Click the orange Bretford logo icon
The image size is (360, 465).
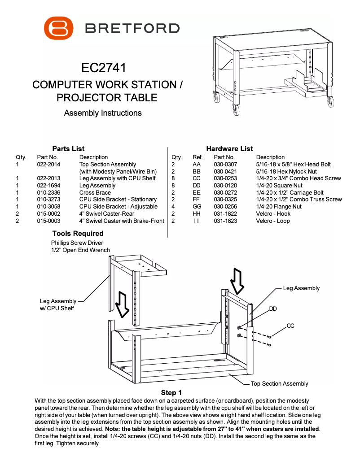(x=58, y=28)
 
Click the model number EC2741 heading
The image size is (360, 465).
(x=103, y=68)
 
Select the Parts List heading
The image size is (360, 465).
(x=68, y=148)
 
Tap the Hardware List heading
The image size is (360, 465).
(x=229, y=148)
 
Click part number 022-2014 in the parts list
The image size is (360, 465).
(x=48, y=165)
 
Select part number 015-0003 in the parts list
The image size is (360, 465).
(x=48, y=221)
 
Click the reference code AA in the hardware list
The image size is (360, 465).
(x=196, y=165)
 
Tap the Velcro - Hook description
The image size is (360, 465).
(x=273, y=213)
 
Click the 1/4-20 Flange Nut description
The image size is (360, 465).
(x=279, y=206)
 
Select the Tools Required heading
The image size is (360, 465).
(x=78, y=233)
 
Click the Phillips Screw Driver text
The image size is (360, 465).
(x=77, y=243)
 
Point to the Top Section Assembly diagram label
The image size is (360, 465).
(x=279, y=383)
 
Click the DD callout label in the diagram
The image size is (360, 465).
(x=273, y=309)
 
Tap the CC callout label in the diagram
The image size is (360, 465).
(x=290, y=326)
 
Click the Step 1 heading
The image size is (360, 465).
(x=171, y=393)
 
